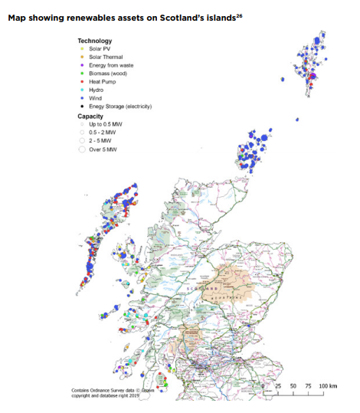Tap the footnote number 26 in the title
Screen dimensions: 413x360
point(238,14)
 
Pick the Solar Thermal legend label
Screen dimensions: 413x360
point(105,57)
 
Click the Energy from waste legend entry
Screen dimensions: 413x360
point(111,65)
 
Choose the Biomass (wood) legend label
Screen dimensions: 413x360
point(108,74)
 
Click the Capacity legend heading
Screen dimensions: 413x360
point(92,116)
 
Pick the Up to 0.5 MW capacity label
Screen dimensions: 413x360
point(105,124)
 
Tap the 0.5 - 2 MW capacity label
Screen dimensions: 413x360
point(102,133)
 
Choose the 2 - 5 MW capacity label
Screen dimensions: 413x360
point(100,141)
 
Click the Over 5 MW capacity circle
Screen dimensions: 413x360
point(81,150)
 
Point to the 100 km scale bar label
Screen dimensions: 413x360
point(328,385)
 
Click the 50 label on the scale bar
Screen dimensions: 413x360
point(293,385)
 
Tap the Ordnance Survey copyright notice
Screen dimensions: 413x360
point(115,392)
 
